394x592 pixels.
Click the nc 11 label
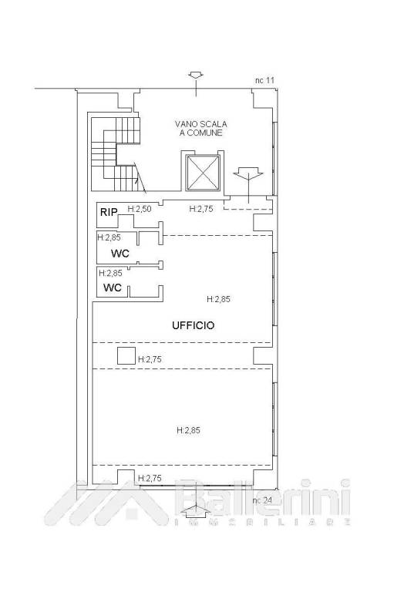point(264,80)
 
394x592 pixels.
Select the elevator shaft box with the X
point(203,173)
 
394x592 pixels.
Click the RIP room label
point(109,212)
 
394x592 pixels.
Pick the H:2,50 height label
point(140,209)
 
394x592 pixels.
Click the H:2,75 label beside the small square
point(150,359)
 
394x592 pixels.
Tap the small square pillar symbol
point(126,356)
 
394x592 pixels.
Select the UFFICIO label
point(193,325)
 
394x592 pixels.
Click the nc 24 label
point(262,500)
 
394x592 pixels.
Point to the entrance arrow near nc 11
point(196,83)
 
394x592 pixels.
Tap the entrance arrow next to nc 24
point(196,510)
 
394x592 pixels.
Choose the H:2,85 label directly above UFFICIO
point(218,299)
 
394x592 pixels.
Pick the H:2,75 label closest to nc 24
point(150,479)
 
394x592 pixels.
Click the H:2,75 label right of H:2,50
point(201,209)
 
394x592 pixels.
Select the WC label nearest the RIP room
point(120,254)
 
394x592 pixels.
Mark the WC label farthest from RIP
point(113,288)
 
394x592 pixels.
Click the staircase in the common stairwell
point(116,154)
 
